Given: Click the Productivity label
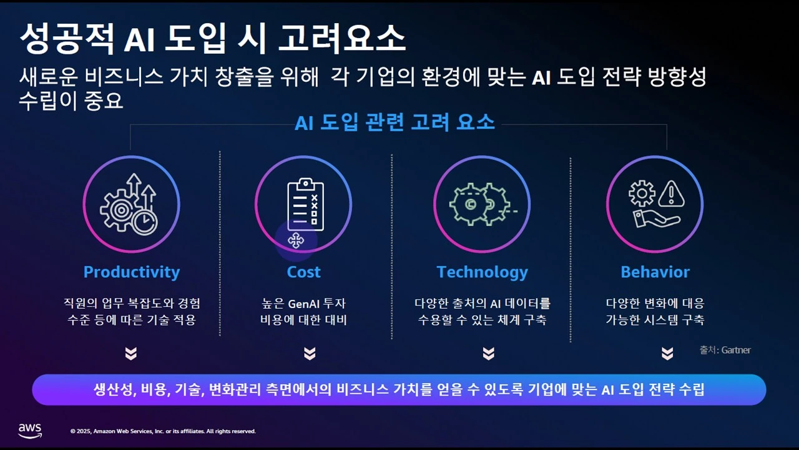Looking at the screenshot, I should tap(131, 272).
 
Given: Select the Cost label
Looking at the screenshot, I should tap(303, 272).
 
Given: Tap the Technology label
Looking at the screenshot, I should tap(482, 272).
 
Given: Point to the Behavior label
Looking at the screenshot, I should tap(655, 272).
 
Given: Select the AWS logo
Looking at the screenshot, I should tap(29, 430).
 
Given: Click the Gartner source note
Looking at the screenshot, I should tap(725, 350).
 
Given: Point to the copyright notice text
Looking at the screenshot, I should tap(163, 431).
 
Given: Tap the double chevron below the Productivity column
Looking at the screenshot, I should tap(130, 354).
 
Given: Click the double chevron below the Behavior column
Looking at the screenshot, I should tap(667, 354).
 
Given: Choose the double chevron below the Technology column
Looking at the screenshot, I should tap(488, 354).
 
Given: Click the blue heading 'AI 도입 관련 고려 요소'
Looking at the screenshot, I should tap(395, 122).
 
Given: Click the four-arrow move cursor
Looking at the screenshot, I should tap(296, 240).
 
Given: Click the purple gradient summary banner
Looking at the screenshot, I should tap(399, 390).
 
